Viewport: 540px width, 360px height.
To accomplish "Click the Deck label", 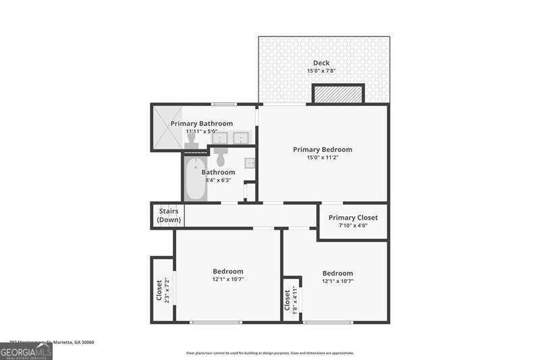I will pyautogui.click(x=321, y=63).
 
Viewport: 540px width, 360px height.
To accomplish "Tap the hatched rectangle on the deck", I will pyautogui.click(x=338, y=94).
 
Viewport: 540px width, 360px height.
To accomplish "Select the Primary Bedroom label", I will pyautogui.click(x=322, y=149).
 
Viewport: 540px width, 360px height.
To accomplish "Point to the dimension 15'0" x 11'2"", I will pyautogui.click(x=322, y=157).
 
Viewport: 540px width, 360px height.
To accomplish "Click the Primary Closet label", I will pyautogui.click(x=353, y=217).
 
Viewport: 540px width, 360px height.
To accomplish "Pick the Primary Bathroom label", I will pyautogui.click(x=201, y=124).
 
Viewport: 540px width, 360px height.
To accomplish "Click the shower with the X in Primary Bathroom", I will pyautogui.click(x=167, y=128).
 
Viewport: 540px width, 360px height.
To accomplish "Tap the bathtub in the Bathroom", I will pyautogui.click(x=195, y=180).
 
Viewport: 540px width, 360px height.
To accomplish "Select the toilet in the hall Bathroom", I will pyautogui.click(x=221, y=158).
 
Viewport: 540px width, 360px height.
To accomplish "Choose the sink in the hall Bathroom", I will pyautogui.click(x=249, y=162).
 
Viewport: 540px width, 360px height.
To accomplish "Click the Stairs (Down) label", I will pyautogui.click(x=168, y=215).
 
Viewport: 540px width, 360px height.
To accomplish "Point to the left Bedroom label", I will pyautogui.click(x=227, y=272).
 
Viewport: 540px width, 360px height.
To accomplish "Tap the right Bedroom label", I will pyautogui.click(x=337, y=273).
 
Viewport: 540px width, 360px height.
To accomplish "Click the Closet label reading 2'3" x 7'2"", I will pyautogui.click(x=162, y=290).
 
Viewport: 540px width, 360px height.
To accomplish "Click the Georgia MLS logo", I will pyautogui.click(x=26, y=351).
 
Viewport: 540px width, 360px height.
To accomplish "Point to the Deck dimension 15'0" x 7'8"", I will pyautogui.click(x=321, y=71).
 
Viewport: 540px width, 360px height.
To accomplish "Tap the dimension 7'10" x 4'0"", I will pyautogui.click(x=353, y=226).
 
